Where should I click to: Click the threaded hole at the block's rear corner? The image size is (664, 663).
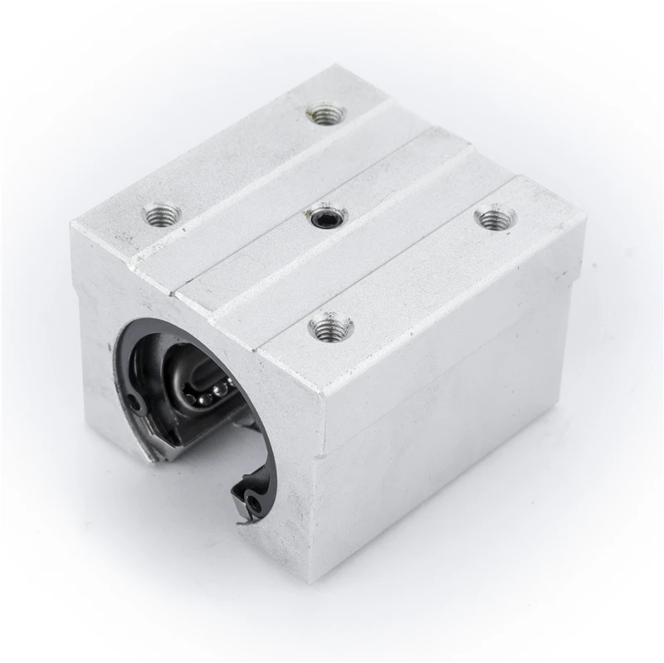click(325, 112)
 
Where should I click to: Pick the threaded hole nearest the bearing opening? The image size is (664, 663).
click(330, 328)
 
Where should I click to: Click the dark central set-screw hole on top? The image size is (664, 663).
click(325, 217)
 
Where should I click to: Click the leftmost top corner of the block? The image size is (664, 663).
click(73, 222)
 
